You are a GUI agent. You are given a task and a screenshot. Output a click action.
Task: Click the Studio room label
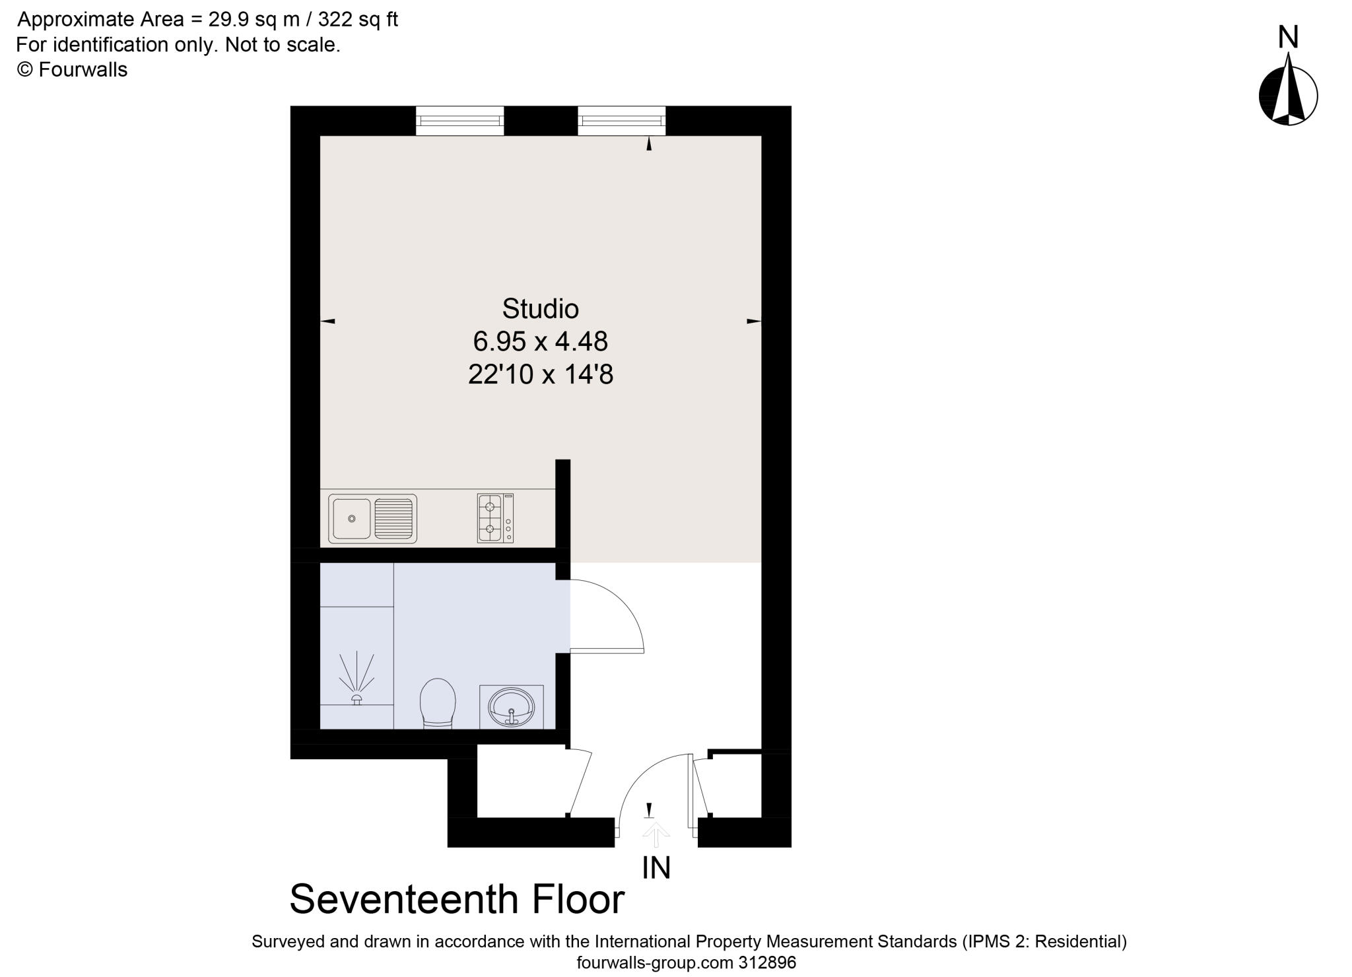pyautogui.click(x=540, y=309)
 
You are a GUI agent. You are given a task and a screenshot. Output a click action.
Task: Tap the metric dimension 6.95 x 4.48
pyautogui.click(x=540, y=341)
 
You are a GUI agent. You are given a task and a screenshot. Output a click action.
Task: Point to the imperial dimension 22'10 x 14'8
pyautogui.click(x=540, y=375)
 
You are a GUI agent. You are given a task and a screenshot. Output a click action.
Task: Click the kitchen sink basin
pyautogui.click(x=352, y=518)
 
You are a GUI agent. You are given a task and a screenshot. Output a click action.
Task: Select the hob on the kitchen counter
pyautogui.click(x=495, y=518)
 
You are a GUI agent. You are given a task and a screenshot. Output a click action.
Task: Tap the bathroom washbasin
pyautogui.click(x=511, y=707)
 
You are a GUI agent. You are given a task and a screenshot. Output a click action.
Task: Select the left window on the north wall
pyautogui.click(x=459, y=121)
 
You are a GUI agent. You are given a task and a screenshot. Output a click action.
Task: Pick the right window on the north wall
pyautogui.click(x=621, y=121)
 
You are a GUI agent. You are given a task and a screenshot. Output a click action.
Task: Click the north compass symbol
pyautogui.click(x=1288, y=96)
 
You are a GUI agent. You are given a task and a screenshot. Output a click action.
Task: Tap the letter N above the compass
pyautogui.click(x=1288, y=37)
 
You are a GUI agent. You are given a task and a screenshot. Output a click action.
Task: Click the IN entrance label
pyautogui.click(x=656, y=868)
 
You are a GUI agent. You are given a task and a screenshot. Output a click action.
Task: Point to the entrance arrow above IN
pyautogui.click(x=655, y=833)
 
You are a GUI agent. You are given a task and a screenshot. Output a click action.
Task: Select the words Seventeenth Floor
pyautogui.click(x=457, y=899)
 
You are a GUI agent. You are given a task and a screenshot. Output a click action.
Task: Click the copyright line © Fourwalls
pyautogui.click(x=72, y=70)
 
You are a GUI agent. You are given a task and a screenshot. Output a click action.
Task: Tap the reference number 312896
pyautogui.click(x=766, y=962)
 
